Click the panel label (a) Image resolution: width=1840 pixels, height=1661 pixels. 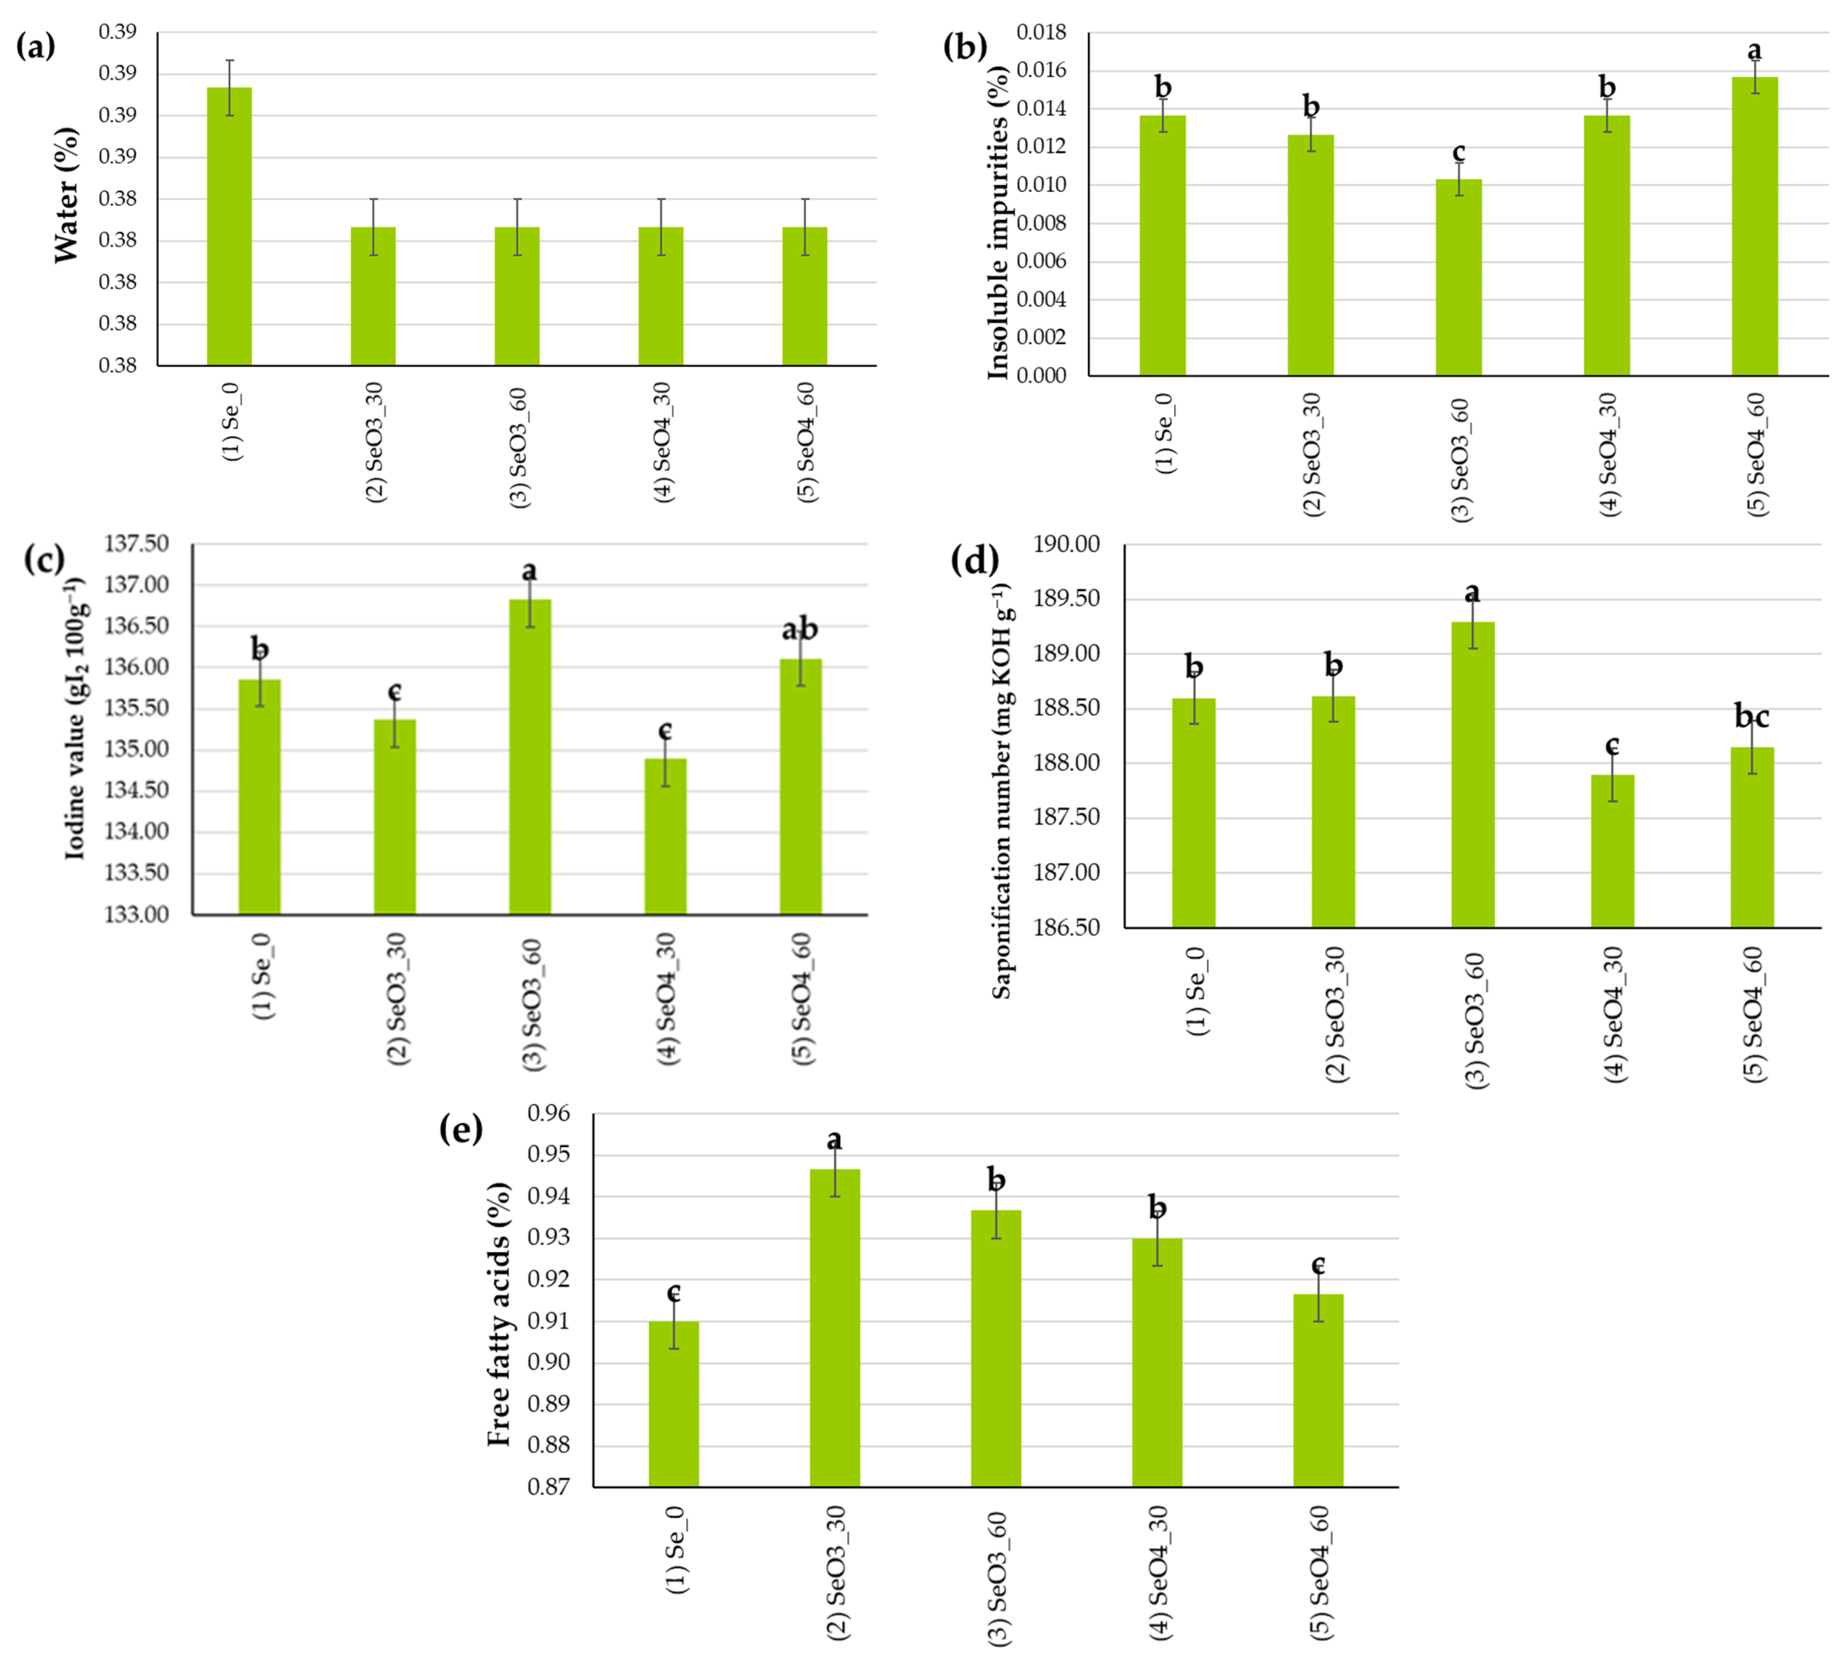click(37, 46)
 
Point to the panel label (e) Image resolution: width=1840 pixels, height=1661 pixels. click(461, 1129)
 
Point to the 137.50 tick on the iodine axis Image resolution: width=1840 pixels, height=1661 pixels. click(137, 544)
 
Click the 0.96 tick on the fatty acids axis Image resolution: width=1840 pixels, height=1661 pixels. click(548, 1114)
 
